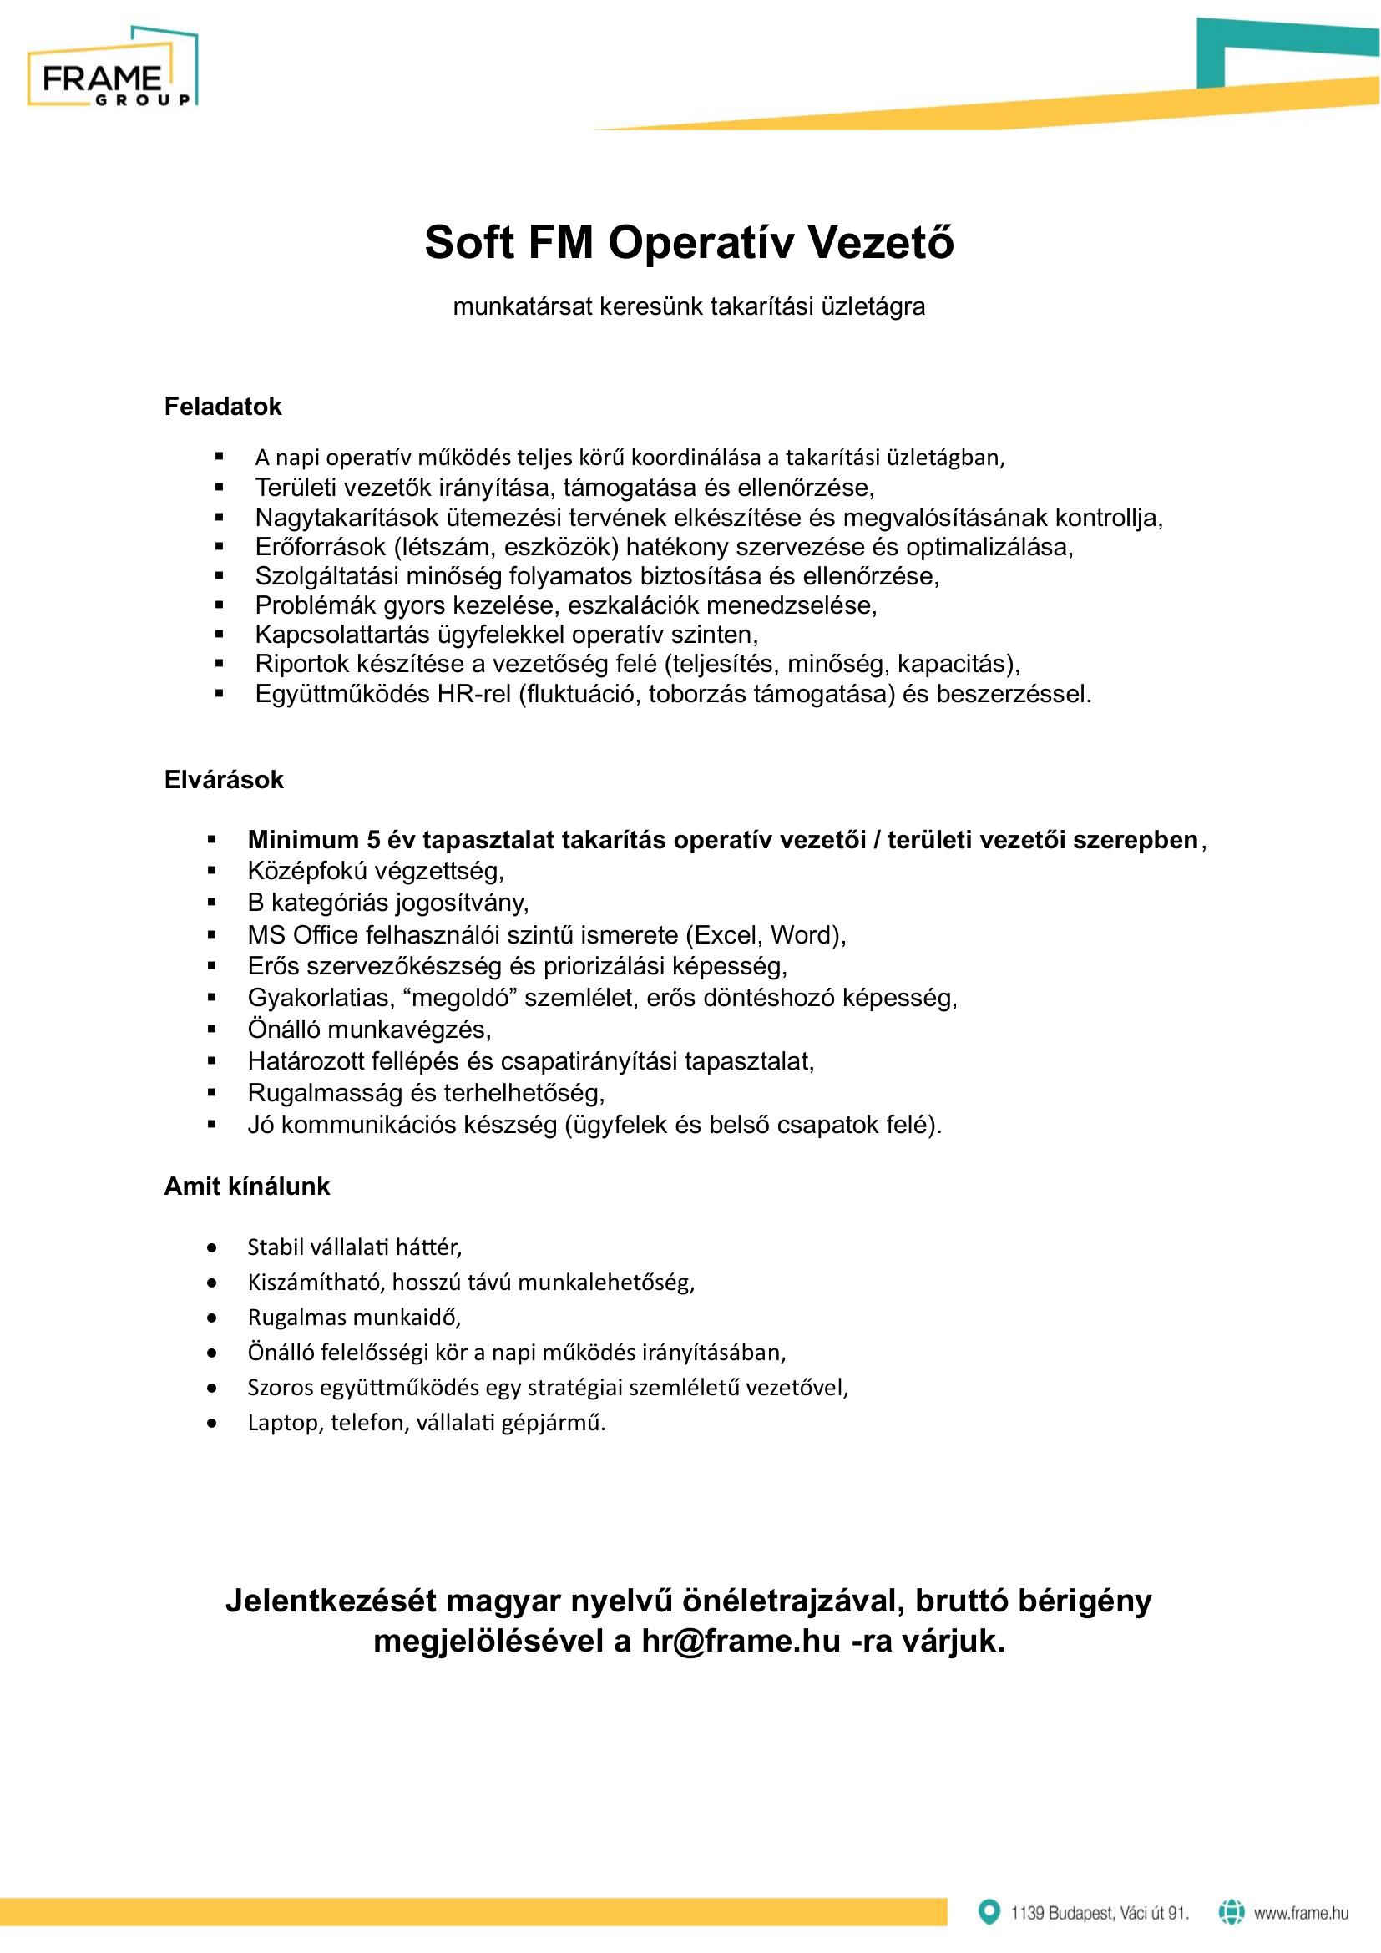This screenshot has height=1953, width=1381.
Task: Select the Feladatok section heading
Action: pyautogui.click(x=223, y=407)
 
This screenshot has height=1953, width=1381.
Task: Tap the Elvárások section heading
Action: pyautogui.click(x=224, y=780)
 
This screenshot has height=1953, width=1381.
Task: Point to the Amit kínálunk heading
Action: pyautogui.click(x=246, y=1186)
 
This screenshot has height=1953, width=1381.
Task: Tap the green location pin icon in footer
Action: pyautogui.click(x=988, y=1912)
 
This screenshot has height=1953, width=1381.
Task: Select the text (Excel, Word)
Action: pyautogui.click(x=766, y=935)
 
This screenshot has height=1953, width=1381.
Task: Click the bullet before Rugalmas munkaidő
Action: pyautogui.click(x=213, y=1318)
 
